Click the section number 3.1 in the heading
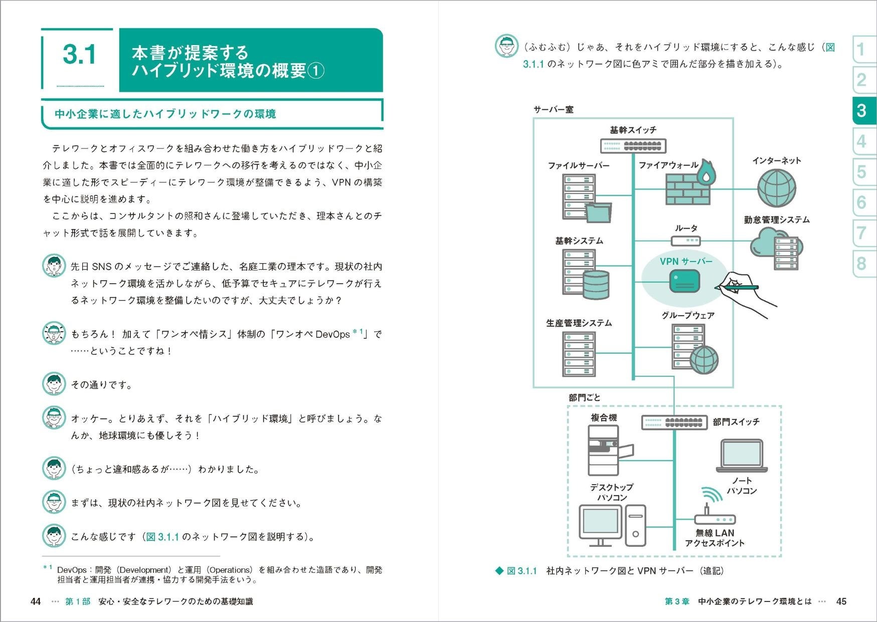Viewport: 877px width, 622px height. pos(79,55)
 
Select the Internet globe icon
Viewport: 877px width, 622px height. pos(776,188)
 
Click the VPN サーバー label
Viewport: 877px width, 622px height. pos(685,262)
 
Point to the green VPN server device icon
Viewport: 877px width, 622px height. pos(684,281)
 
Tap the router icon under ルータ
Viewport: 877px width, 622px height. pos(686,241)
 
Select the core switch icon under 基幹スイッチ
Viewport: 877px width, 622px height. pos(633,146)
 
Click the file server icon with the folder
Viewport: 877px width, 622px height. pos(584,198)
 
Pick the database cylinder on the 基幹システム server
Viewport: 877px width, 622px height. pos(596,284)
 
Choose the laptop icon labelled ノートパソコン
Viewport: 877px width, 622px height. pos(742,456)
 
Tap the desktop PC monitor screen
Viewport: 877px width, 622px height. pos(600,522)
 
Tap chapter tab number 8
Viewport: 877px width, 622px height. pos(861,264)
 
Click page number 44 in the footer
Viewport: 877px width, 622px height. pos(36,601)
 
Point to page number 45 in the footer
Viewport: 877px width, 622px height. pos(841,601)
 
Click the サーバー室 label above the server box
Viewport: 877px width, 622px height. pos(553,109)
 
